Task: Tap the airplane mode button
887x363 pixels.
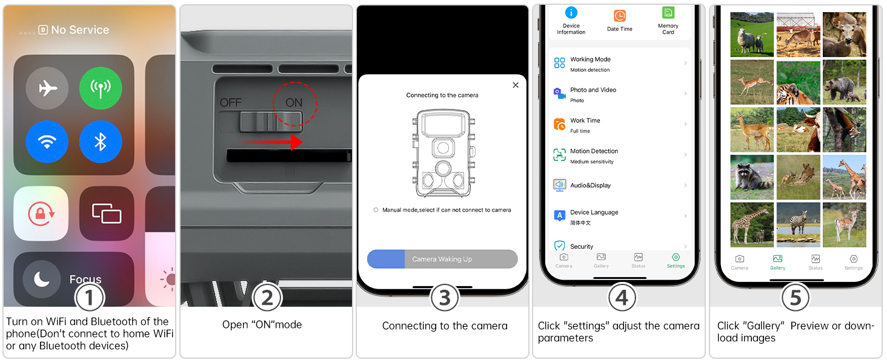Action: [47, 88]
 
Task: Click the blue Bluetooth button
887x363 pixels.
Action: [101, 142]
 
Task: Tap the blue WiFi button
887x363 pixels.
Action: [47, 142]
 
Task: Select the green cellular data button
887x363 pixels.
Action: [101, 88]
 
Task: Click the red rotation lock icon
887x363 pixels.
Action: [41, 214]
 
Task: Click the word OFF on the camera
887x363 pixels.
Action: [230, 103]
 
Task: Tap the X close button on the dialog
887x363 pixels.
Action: [516, 85]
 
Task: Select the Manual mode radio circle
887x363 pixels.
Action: [376, 210]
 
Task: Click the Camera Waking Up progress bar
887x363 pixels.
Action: [442, 259]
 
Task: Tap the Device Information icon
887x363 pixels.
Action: [571, 13]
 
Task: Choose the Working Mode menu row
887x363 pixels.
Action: [620, 64]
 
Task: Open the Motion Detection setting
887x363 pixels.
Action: [620, 155]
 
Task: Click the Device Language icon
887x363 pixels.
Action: [559, 216]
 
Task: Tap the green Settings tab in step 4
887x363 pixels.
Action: [676, 261]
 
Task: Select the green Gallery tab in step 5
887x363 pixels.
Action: [778, 263]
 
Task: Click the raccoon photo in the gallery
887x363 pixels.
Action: [751, 177]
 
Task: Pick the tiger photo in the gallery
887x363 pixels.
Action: [798, 82]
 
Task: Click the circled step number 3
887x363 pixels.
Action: [445, 298]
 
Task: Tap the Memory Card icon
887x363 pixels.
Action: [668, 13]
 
